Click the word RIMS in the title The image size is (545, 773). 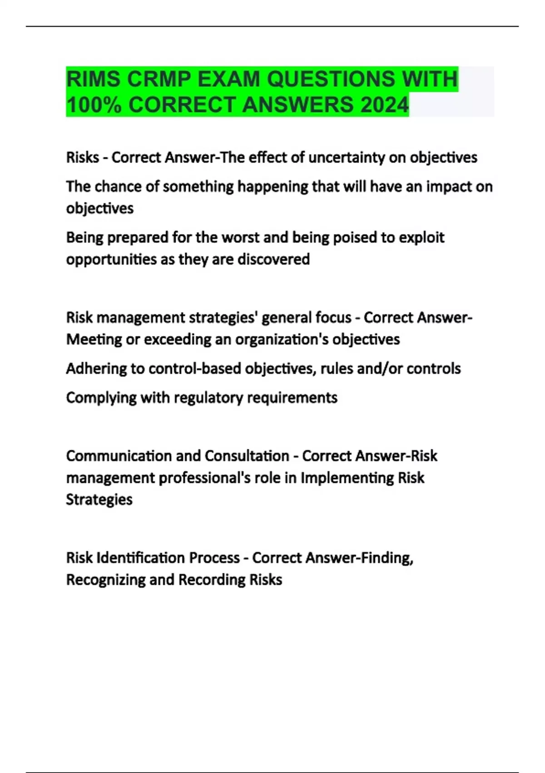click(x=93, y=79)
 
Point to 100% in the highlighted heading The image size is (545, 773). click(x=94, y=105)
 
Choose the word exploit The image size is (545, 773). click(x=421, y=237)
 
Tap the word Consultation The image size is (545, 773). click(x=247, y=456)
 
